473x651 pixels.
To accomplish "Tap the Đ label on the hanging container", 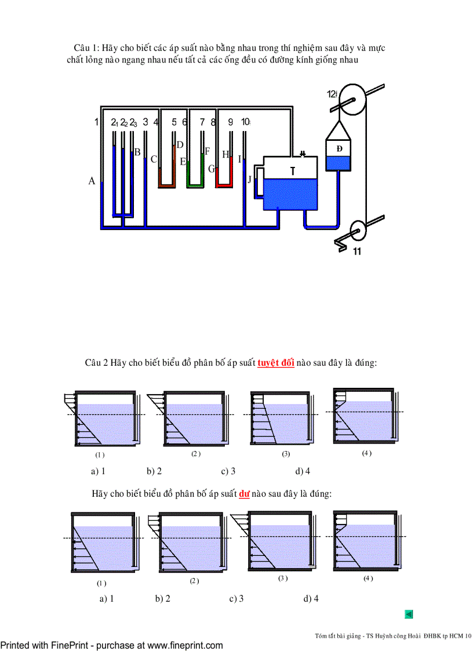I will click(339, 148).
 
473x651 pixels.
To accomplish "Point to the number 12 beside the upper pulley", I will click(332, 93).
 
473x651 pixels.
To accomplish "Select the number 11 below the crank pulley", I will click(356, 252).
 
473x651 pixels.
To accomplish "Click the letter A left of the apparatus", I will click(92, 181).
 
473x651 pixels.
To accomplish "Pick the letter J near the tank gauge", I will click(250, 179).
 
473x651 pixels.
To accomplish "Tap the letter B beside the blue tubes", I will click(137, 152).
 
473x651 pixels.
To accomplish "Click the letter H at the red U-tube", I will click(225, 155).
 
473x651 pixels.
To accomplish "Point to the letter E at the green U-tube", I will click(183, 162).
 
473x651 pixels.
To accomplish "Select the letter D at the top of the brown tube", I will click(180, 145).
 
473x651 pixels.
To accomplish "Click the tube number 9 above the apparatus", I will click(230, 122).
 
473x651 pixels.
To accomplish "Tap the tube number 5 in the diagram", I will click(174, 122).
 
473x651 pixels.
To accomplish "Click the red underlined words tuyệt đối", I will click(276, 363).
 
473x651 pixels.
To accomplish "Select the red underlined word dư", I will click(244, 494).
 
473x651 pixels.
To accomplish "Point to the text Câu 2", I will click(97, 363).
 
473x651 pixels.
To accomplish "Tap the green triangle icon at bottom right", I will click(408, 614).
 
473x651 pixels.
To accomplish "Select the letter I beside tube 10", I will click(239, 159).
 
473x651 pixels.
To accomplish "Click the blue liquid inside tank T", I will click(290, 194).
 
